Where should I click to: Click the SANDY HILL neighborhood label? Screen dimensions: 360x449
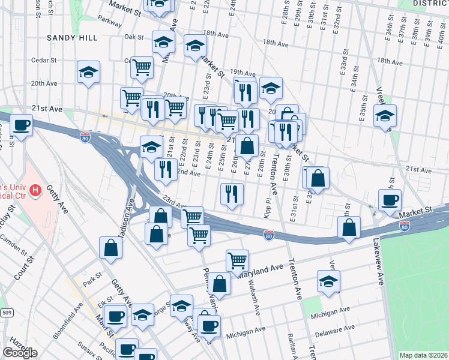point(72,37)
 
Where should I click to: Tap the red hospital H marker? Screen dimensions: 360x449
point(35,191)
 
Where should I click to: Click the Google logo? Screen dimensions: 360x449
point(20,353)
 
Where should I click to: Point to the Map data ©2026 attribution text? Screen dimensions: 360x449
point(424,355)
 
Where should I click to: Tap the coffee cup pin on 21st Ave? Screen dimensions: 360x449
point(22,125)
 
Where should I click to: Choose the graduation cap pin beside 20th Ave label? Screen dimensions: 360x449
point(89,73)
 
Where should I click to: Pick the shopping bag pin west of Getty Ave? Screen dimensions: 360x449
point(111,247)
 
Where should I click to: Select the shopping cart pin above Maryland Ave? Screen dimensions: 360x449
point(238,260)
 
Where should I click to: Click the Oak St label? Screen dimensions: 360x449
point(134,37)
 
